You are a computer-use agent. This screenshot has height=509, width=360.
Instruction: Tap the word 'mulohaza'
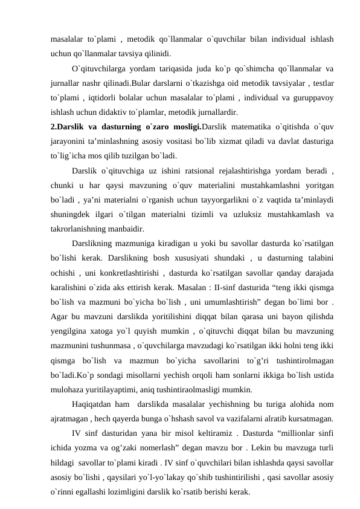(69, 390)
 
